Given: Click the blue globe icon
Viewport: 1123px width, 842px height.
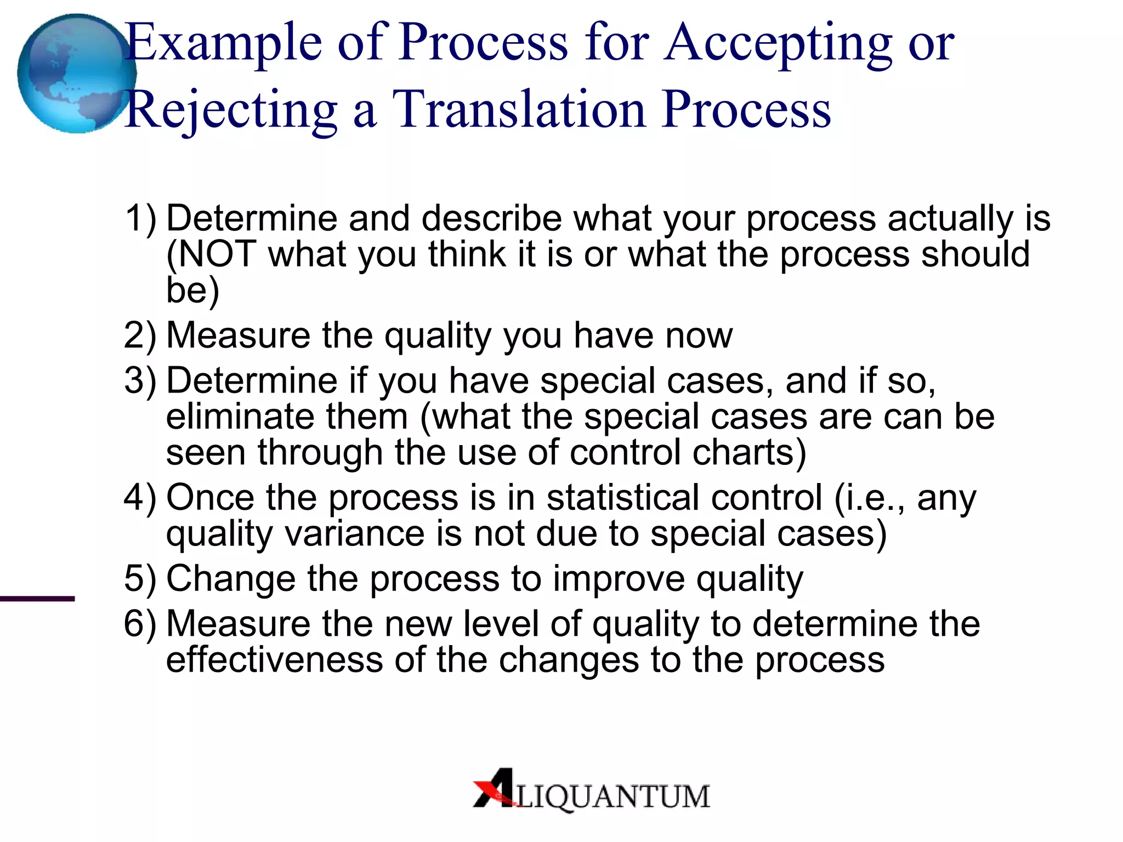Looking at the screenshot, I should pyautogui.click(x=76, y=73).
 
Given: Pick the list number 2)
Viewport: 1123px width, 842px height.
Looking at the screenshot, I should pyautogui.click(x=140, y=335).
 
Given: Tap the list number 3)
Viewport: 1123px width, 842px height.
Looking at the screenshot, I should pyautogui.click(x=140, y=381).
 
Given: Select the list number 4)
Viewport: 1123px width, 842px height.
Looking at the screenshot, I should pyautogui.click(x=140, y=498).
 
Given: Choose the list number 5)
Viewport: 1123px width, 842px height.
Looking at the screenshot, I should pyautogui.click(x=140, y=579).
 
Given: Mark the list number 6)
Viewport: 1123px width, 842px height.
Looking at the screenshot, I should pyautogui.click(x=140, y=624).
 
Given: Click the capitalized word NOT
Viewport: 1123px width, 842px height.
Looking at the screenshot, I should pyautogui.click(x=217, y=254).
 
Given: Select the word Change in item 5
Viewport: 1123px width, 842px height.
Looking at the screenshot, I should pyautogui.click(x=230, y=579).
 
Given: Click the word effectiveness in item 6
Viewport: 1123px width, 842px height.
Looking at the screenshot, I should pyautogui.click(x=274, y=660).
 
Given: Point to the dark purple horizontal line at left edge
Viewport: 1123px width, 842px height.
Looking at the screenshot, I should pyautogui.click(x=37, y=599).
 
